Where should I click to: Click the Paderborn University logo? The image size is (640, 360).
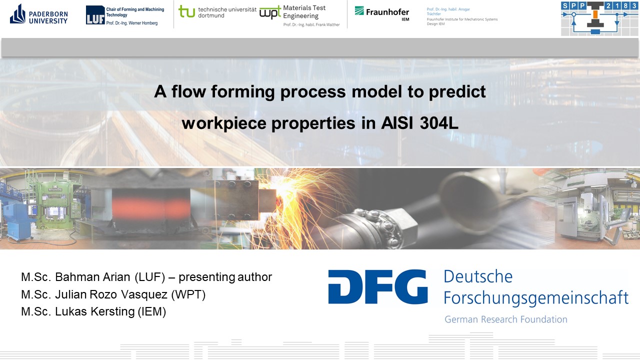coord(39,14)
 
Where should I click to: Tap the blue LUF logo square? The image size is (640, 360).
coord(95,15)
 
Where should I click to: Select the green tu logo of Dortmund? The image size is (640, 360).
coord(186,11)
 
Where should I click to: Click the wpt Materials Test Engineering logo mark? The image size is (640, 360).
coord(270,12)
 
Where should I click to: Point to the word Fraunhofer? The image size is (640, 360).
coord(387,12)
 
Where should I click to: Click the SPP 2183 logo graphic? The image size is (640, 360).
coord(599,18)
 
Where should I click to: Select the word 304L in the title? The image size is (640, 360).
coord(439,123)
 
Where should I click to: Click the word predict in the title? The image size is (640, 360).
coord(457,92)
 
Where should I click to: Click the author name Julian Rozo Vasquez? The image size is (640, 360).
coord(111,294)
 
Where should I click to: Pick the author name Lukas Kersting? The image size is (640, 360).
coord(94,311)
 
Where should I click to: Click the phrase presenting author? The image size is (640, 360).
coord(225,277)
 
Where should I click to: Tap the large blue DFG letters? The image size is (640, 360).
coord(377,286)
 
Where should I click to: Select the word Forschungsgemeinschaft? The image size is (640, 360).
coord(536,298)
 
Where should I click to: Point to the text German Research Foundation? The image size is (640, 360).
coord(505,319)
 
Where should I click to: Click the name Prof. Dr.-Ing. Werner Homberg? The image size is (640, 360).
coord(131,23)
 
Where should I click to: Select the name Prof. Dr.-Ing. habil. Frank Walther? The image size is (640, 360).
coord(311,24)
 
